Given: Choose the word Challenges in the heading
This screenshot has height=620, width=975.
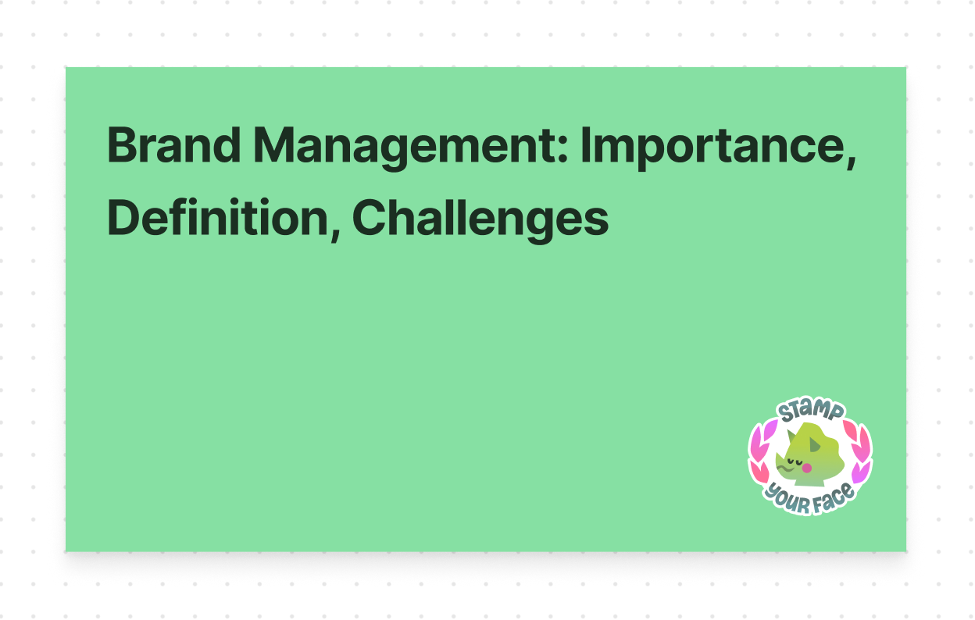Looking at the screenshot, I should tap(480, 218).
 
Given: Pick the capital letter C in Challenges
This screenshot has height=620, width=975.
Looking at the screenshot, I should tap(368, 218).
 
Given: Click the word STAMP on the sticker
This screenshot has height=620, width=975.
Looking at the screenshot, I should tap(810, 412).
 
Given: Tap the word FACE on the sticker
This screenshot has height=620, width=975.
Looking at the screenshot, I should tap(830, 501).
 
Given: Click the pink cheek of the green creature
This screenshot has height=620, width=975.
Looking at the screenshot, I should tap(808, 468).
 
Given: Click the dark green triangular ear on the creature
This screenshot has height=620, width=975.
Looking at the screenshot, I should tap(815, 445).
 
